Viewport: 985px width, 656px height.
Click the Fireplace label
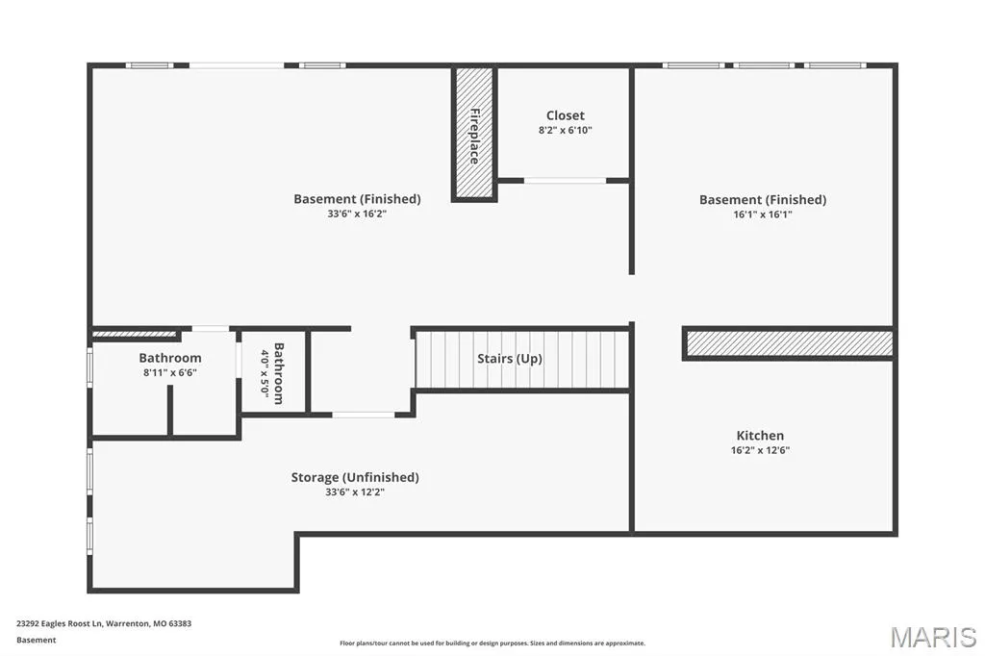(475, 137)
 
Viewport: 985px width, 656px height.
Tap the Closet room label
(566, 115)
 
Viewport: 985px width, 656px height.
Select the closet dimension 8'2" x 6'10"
(566, 131)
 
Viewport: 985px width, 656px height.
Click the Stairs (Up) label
(510, 359)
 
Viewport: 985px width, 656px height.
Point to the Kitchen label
(760, 436)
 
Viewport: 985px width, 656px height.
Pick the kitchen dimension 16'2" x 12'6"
(760, 450)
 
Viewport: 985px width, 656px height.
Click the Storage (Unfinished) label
(355, 477)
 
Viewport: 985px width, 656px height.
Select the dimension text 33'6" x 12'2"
(355, 492)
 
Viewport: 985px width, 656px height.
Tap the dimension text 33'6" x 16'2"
(357, 214)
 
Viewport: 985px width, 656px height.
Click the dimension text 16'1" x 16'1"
(763, 214)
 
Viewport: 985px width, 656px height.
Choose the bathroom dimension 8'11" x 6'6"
(170, 372)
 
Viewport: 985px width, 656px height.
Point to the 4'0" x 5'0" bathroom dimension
(265, 374)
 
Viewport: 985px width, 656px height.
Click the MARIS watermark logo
(933, 637)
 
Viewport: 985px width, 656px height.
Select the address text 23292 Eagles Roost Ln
(59, 624)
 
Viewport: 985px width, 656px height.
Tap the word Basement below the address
(37, 641)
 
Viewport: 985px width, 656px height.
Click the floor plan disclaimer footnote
(492, 643)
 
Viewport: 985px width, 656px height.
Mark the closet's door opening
(565, 181)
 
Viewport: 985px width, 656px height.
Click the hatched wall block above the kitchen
(790, 343)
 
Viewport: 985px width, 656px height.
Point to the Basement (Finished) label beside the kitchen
(763, 200)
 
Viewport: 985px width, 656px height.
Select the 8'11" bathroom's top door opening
(211, 329)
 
